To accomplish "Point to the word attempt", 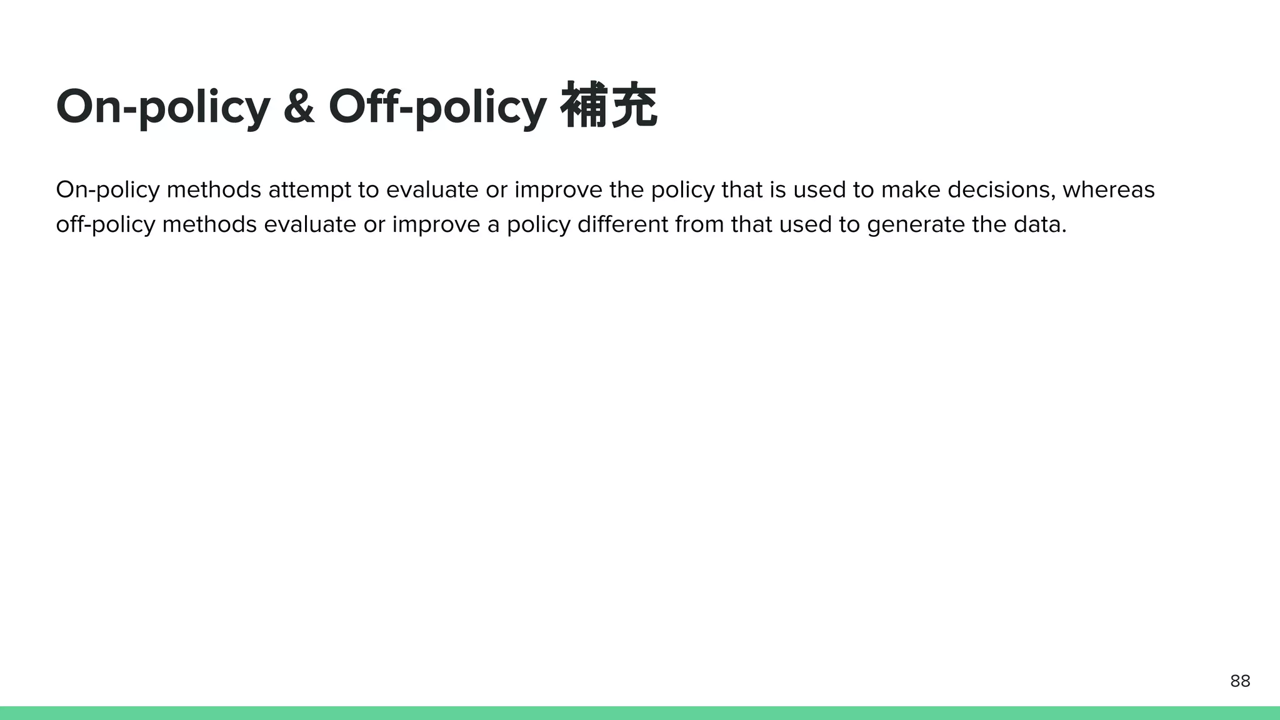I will (309, 190).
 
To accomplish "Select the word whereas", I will (1108, 190).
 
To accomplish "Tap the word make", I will (911, 190).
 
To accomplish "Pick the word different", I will (622, 224).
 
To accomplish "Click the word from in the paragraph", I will (699, 224).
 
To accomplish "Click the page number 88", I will (1240, 681).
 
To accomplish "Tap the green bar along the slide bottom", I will (640, 713).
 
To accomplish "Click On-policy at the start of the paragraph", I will (107, 190).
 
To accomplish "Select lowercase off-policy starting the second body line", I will (105, 224).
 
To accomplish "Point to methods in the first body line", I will (214, 190).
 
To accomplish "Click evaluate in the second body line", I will (310, 224).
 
